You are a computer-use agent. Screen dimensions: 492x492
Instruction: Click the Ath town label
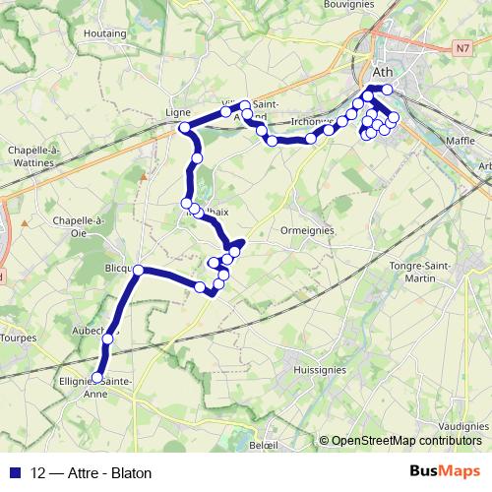384,72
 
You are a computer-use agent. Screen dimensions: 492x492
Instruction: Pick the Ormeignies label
308,230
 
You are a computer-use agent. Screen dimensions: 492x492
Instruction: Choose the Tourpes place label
19,338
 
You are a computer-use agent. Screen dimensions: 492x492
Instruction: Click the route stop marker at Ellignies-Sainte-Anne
97,377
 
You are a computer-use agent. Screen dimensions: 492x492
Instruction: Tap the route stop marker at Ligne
184,128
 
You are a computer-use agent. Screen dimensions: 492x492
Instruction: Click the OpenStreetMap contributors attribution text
405,441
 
